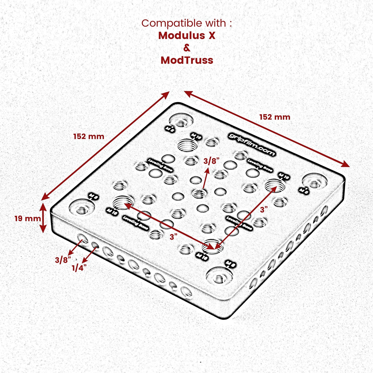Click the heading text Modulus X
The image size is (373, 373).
[187, 36]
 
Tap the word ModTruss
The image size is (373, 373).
[187, 60]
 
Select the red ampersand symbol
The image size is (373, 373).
[187, 48]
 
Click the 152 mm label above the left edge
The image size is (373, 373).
[89, 136]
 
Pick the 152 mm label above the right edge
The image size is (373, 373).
[275, 117]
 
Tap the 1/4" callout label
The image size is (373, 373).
[79, 268]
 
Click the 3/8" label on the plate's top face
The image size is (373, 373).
[211, 161]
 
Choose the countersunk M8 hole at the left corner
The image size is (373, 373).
[82, 208]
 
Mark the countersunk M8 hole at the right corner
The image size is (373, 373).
[315, 182]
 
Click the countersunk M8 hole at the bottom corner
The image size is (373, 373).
[219, 276]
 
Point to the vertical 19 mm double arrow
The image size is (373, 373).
[43, 218]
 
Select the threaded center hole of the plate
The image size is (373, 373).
[199, 194]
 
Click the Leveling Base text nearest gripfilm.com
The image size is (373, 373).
[259, 165]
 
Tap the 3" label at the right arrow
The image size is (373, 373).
[264, 210]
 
